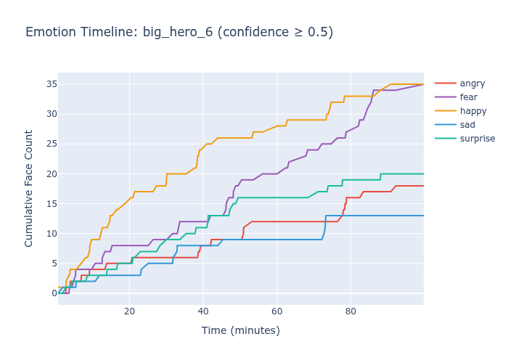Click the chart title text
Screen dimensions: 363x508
pos(179,32)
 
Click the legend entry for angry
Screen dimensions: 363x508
pos(472,83)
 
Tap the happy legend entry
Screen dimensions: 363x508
pos(473,111)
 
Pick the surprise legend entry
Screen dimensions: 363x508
pos(478,139)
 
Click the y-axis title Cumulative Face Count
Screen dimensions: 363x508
pos(29,188)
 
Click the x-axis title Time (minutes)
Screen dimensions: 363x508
pos(240,331)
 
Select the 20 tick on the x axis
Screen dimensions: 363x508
pos(129,311)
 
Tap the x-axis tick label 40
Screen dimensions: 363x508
pos(203,311)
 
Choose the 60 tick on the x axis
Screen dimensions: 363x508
pos(276,311)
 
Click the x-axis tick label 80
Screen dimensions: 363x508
pos(351,311)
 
